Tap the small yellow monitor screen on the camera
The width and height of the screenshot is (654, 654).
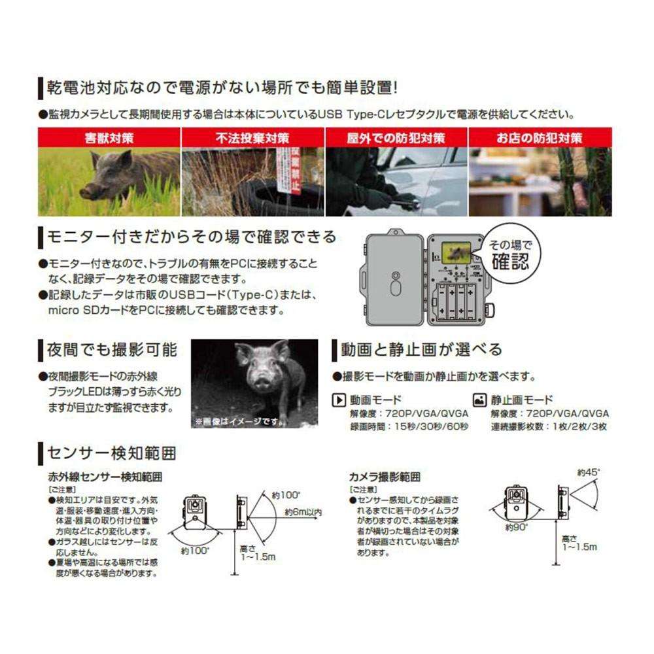click(x=453, y=251)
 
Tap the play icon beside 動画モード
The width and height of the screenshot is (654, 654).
click(x=339, y=400)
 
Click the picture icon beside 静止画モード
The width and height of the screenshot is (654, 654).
click(x=479, y=400)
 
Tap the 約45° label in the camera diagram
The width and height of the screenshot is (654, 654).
click(x=589, y=472)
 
